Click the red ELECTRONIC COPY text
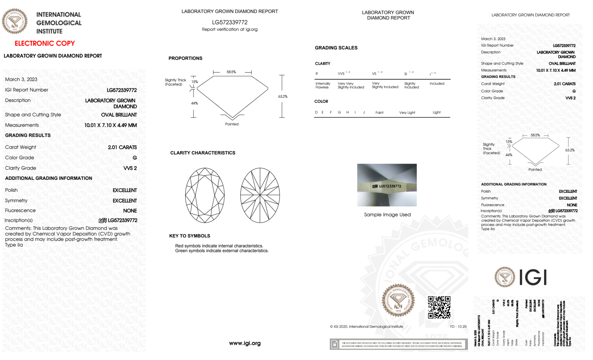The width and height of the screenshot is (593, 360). pyautogui.click(x=45, y=44)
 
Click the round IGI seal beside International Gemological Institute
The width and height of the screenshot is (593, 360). pyautogui.click(x=15, y=21)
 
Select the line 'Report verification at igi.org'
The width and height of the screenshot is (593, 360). pyautogui.click(x=229, y=29)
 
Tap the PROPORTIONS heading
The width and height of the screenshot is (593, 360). pyautogui.click(x=185, y=58)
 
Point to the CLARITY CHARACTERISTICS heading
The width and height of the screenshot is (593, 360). pyautogui.click(x=202, y=153)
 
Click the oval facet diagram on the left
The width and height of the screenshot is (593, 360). pyautogui.click(x=205, y=195)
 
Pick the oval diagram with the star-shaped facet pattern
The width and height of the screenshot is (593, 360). pyautogui.click(x=260, y=195)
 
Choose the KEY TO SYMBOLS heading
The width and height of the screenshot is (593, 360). pyautogui.click(x=189, y=236)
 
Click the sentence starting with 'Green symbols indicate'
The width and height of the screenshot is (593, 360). pyautogui.click(x=222, y=251)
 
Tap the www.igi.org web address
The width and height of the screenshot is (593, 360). pyautogui.click(x=244, y=343)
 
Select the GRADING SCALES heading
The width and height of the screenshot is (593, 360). pyautogui.click(x=336, y=48)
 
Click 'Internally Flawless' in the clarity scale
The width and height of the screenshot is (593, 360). pyautogui.click(x=322, y=85)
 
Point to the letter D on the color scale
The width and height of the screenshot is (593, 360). pyautogui.click(x=316, y=112)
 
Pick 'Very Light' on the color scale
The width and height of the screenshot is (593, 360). pyautogui.click(x=407, y=113)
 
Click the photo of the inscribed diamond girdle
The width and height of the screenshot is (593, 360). pyautogui.click(x=387, y=185)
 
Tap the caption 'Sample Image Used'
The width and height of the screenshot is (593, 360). pyautogui.click(x=387, y=215)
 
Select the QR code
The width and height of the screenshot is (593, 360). pyautogui.click(x=439, y=307)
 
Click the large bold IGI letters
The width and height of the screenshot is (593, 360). pyautogui.click(x=533, y=278)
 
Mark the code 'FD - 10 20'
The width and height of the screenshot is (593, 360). pyautogui.click(x=458, y=327)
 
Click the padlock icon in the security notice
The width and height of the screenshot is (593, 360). pyautogui.click(x=335, y=344)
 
